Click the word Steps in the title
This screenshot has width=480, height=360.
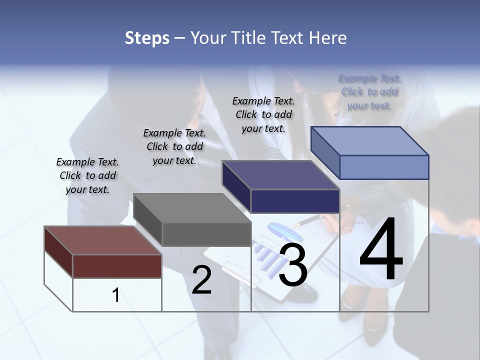click(x=147, y=38)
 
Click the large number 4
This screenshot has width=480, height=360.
click(x=381, y=250)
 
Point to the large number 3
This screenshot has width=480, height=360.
click(x=293, y=265)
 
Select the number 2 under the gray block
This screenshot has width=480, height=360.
click(x=201, y=280)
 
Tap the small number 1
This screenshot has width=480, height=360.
click(x=116, y=295)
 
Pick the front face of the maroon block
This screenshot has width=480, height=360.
click(x=117, y=266)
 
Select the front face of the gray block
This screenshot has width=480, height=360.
click(x=206, y=234)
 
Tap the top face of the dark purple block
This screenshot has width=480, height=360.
click(x=280, y=175)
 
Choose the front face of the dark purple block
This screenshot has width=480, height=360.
click(x=295, y=201)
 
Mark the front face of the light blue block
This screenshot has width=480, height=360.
click(x=384, y=167)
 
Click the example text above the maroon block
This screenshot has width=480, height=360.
click(x=87, y=175)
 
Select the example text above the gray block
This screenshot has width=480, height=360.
click(x=174, y=146)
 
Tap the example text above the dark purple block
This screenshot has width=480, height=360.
click(x=263, y=114)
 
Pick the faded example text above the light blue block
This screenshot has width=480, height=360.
click(x=369, y=92)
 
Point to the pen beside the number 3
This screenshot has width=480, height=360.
click(x=306, y=221)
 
